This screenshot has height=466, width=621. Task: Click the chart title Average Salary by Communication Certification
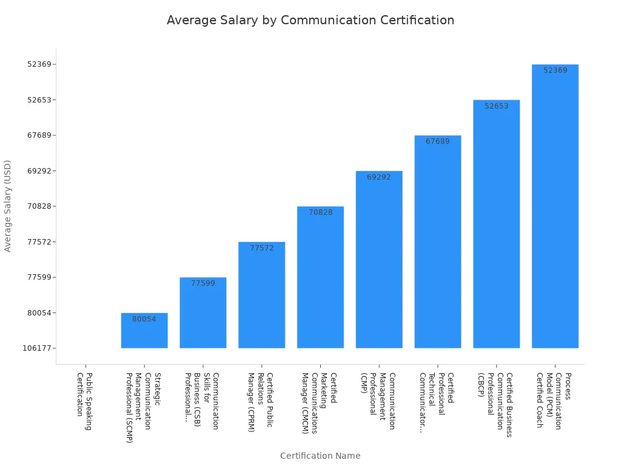tap(310, 20)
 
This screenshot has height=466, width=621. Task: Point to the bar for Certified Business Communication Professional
tap(496, 225)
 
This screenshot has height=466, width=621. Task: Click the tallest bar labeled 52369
tap(555, 206)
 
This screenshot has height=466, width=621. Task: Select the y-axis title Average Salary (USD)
tap(8, 206)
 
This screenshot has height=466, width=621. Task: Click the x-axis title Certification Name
tap(320, 456)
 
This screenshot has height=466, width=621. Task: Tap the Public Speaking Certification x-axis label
tap(84, 402)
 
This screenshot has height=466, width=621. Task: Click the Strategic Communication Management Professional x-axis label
tap(143, 408)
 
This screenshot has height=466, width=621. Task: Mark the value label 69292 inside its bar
tap(379, 177)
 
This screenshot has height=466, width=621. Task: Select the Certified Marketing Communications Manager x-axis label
tap(319, 403)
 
